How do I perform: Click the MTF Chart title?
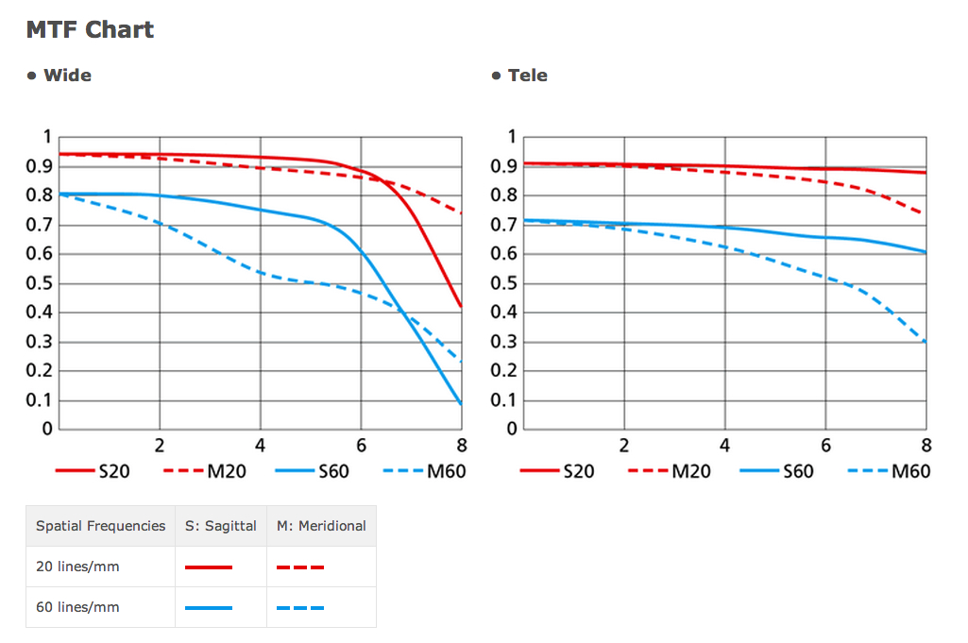click(90, 29)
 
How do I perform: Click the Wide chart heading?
click(67, 76)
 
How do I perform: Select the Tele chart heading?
click(527, 76)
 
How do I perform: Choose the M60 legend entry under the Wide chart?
click(425, 470)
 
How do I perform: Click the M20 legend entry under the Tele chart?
click(670, 470)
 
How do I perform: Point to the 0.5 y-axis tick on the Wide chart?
click(40, 283)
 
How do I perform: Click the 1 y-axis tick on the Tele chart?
click(512, 138)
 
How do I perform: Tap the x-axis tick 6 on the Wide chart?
click(361, 446)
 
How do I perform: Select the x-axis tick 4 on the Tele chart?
click(724, 446)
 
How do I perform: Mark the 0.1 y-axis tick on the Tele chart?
click(505, 400)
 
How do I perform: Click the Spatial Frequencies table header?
click(100, 526)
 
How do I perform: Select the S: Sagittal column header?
click(221, 526)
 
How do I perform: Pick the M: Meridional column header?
click(321, 526)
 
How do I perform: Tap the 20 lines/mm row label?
click(77, 567)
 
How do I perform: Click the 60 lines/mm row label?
click(77, 607)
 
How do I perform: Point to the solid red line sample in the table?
click(209, 567)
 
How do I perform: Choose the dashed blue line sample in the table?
click(300, 608)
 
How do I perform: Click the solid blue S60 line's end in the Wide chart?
click(460, 403)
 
